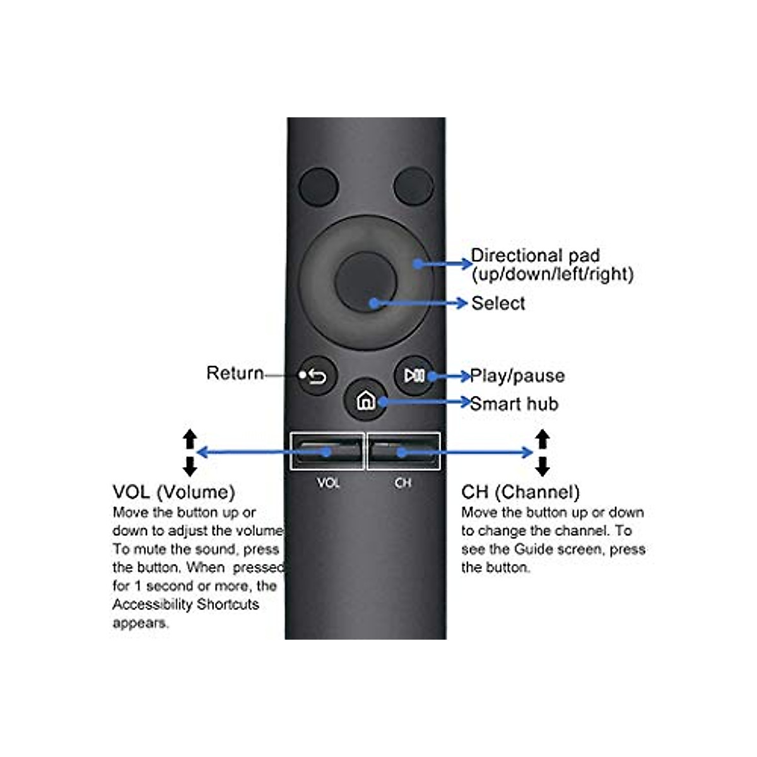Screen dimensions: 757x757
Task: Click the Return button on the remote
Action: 316,377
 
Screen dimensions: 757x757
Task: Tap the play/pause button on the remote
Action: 414,376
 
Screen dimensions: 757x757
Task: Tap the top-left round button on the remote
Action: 319,187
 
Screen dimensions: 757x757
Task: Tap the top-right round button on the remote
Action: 413,187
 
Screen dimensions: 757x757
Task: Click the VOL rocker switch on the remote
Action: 327,451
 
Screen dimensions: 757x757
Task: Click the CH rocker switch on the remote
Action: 404,451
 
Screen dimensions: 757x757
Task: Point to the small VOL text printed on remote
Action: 328,483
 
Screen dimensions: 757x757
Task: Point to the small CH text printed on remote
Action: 402,483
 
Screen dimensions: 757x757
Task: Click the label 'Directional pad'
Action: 535,255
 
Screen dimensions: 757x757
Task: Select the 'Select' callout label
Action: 498,303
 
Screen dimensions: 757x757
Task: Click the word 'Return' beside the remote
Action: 235,373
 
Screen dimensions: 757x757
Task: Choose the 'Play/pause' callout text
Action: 517,376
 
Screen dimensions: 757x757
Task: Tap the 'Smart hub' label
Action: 514,404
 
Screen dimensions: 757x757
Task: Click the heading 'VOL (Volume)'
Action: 173,492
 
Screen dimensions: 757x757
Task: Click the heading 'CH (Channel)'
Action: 520,492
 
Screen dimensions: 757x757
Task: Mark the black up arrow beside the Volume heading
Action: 190,438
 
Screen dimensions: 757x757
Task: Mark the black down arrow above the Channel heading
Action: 542,467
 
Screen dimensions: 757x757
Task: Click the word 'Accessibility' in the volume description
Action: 152,604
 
